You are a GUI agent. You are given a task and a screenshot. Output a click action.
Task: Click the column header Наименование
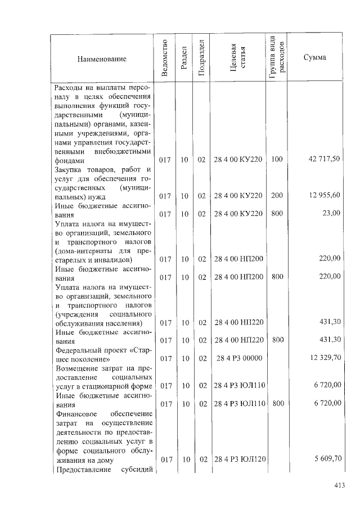[102, 59]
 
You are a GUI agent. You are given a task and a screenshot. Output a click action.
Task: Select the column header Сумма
[314, 59]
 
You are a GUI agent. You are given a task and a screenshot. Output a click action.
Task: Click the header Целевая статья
[238, 59]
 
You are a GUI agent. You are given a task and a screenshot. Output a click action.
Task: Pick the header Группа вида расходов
[277, 59]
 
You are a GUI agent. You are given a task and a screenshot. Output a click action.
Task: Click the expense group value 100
[277, 160]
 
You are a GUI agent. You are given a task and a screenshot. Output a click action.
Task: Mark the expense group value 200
[277, 195]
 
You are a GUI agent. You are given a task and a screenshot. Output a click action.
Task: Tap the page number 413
[339, 485]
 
